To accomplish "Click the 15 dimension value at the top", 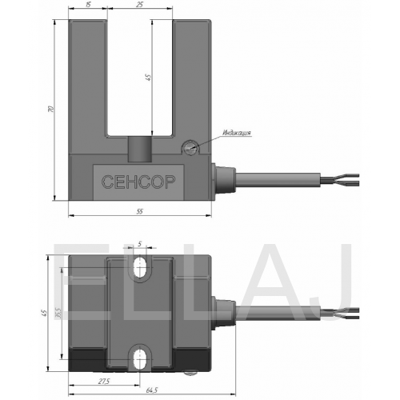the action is tap(88, 5).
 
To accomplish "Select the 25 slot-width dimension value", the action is tap(139, 5).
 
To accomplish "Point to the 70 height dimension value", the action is tap(51, 109).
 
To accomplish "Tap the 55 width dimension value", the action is tap(139, 211).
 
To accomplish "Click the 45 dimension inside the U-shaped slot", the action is tap(147, 78).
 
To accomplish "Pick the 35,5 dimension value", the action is tap(58, 313).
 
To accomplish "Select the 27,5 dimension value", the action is tap(104, 382).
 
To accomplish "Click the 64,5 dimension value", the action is tap(152, 390).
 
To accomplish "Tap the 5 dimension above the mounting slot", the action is tap(139, 243).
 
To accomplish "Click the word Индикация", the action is tap(237, 133).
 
